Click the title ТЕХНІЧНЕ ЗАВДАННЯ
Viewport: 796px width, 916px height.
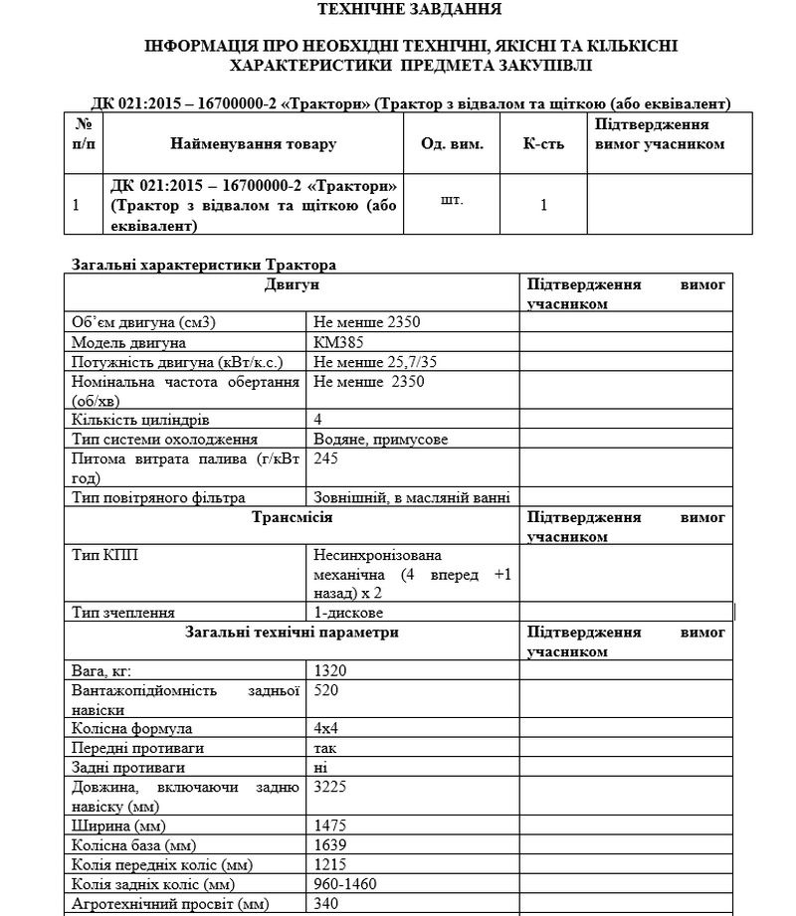(409, 10)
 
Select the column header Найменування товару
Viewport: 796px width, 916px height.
(253, 144)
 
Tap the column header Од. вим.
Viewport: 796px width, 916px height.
(452, 144)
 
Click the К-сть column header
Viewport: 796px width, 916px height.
(543, 144)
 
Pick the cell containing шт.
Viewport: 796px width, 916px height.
(451, 199)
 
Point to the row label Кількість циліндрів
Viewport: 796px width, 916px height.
(140, 420)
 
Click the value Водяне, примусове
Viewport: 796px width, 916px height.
(380, 440)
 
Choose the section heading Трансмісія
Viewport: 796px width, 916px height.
(293, 518)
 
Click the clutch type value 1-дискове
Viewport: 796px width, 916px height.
(348, 613)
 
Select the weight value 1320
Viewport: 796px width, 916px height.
(330, 671)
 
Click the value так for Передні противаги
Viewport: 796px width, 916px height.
(325, 748)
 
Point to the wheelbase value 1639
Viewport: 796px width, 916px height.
(330, 845)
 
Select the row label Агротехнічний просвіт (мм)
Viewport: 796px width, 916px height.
(169, 904)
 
